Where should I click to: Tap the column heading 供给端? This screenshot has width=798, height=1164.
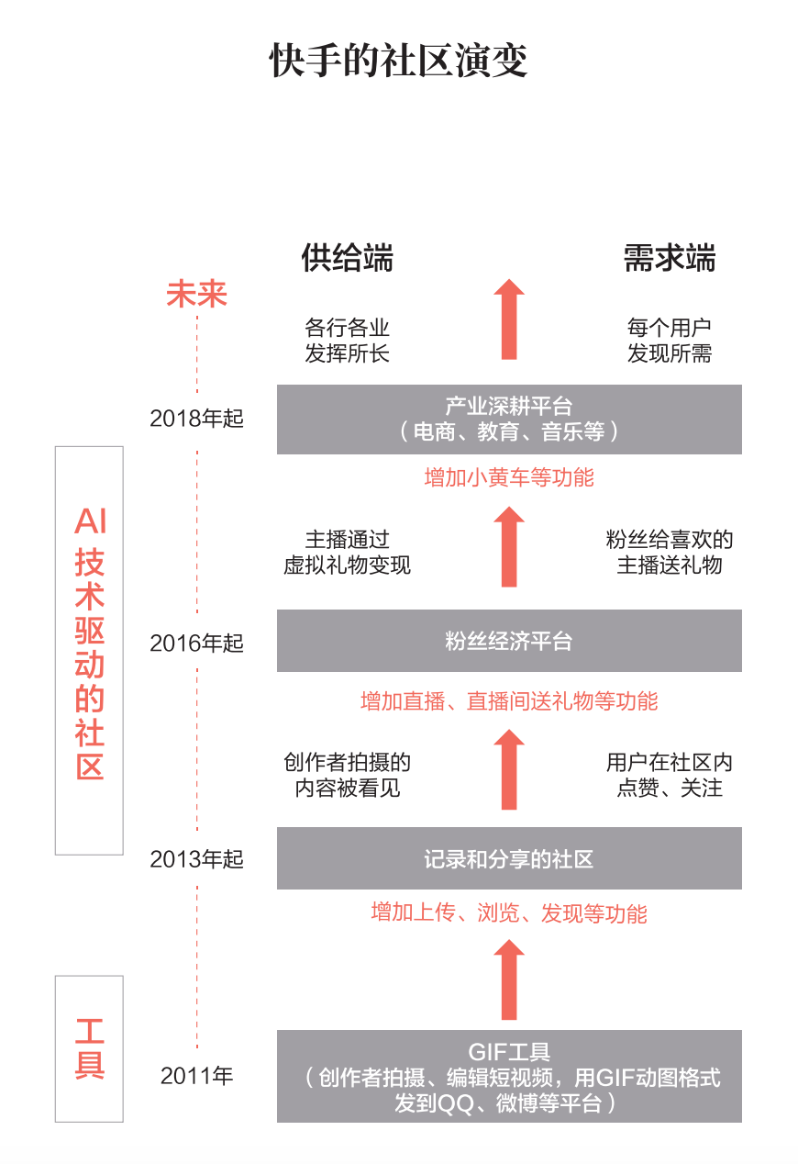click(x=348, y=258)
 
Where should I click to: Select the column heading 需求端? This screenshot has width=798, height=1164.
click(x=670, y=258)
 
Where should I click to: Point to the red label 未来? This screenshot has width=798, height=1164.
click(x=196, y=294)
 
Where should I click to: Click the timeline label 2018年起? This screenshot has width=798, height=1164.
click(x=197, y=419)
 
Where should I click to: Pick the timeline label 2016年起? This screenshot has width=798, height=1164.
click(x=197, y=643)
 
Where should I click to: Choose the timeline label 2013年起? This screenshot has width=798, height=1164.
click(x=197, y=859)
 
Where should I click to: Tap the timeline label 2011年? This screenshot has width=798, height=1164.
click(x=197, y=1076)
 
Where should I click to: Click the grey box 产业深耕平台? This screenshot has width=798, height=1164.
click(x=509, y=419)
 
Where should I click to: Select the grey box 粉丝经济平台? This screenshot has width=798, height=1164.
click(x=509, y=641)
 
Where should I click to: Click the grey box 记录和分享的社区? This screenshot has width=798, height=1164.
click(x=509, y=858)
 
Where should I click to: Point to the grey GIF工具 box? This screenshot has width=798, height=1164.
click(x=509, y=1076)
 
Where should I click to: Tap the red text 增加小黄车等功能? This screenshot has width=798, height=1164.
click(x=509, y=477)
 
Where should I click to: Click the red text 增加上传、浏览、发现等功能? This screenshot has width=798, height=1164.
click(x=509, y=912)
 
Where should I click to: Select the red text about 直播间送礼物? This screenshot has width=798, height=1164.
click(x=509, y=701)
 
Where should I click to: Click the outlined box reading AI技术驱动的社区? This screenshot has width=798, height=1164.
click(x=90, y=650)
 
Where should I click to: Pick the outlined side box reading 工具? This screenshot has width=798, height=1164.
click(x=90, y=1047)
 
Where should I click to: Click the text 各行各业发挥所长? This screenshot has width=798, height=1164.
click(x=348, y=341)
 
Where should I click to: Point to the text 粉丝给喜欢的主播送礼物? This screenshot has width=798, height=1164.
click(x=670, y=552)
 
